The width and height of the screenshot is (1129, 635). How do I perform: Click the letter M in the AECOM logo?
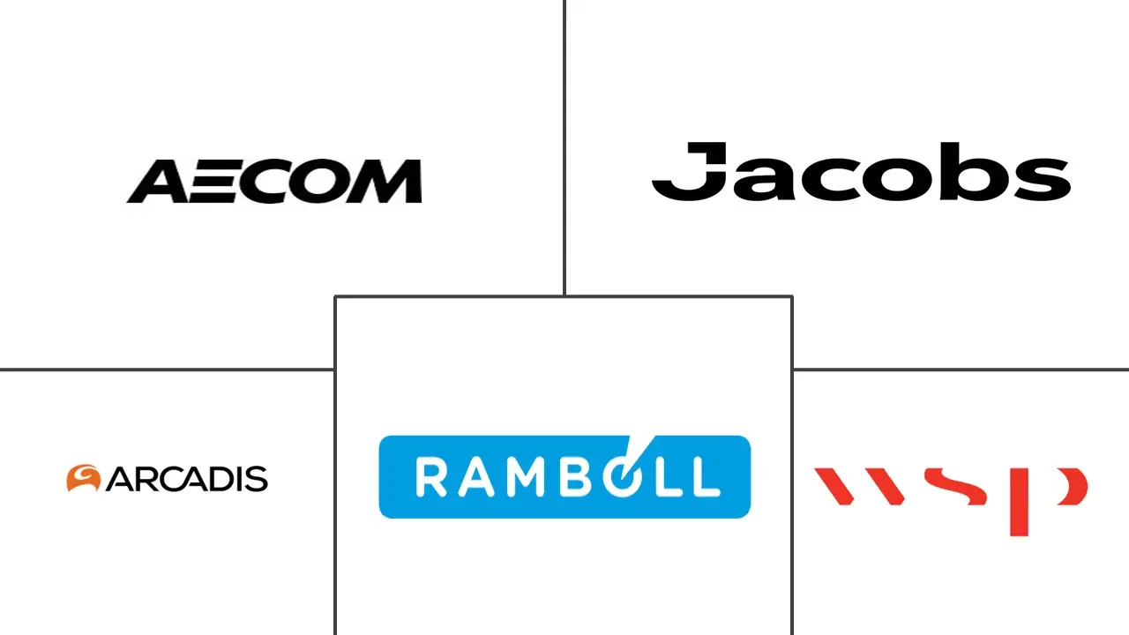click(x=384, y=182)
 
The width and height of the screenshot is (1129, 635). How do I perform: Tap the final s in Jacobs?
click(x=1043, y=178)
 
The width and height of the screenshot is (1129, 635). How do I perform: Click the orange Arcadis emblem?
click(x=83, y=478)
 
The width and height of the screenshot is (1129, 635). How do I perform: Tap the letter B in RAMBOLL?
click(x=578, y=477)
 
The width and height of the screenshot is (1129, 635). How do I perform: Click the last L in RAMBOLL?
click(x=705, y=477)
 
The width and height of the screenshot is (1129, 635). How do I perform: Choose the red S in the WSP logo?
click(x=955, y=486)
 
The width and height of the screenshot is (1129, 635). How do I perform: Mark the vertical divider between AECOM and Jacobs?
click(x=564, y=147)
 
